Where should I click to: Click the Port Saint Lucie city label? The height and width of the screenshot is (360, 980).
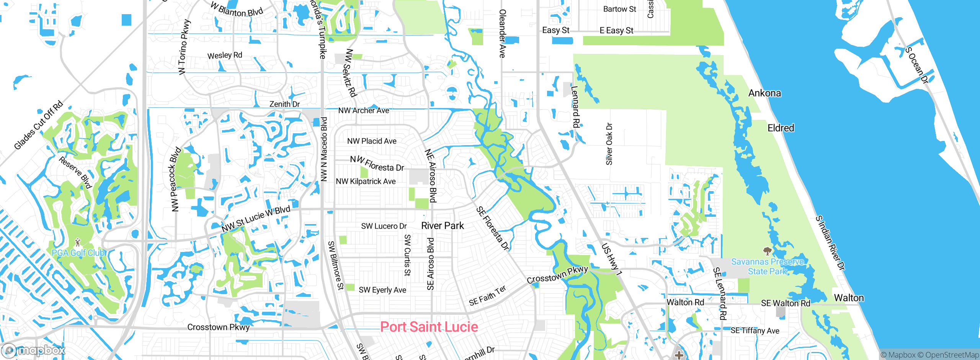coord(429,327)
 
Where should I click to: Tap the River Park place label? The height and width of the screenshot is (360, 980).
coord(443,226)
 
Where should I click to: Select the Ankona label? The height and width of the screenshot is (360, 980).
coord(764,93)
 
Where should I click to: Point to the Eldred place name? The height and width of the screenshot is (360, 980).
coord(781,128)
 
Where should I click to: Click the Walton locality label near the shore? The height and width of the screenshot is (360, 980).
coord(849,298)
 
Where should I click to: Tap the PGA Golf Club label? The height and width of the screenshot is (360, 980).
coord(78,253)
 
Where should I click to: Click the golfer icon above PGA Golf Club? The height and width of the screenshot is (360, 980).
coord(78,242)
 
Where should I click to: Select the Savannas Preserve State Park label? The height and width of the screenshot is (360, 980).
coord(767,267)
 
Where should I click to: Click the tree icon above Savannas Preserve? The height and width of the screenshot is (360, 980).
coord(767,251)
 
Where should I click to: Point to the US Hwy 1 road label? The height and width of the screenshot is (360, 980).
coord(611,259)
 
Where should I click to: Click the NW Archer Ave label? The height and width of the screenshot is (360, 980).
coord(363,111)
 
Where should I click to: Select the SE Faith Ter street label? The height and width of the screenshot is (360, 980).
coord(487,296)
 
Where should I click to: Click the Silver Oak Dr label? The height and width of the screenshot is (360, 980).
coord(609,144)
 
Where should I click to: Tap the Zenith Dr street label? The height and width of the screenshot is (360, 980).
coord(284,104)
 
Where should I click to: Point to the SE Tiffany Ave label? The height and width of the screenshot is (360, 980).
coord(755,331)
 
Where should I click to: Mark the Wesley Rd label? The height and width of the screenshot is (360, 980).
coord(225,56)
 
